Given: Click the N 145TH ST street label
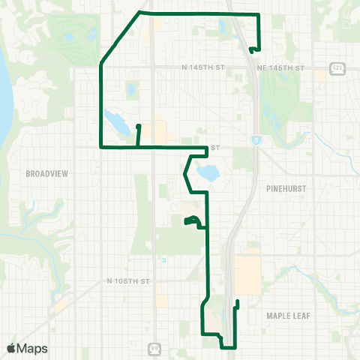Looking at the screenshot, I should (x=202, y=67).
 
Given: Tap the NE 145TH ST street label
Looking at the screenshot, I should (x=280, y=67).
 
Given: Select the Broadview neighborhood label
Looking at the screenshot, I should (x=47, y=173).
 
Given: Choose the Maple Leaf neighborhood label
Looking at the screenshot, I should (x=288, y=316).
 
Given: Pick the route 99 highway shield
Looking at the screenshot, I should (x=154, y=348).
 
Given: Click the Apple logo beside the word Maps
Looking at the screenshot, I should (x=10, y=348).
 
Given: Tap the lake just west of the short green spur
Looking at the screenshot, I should (x=117, y=119).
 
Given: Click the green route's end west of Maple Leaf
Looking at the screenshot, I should (x=237, y=301).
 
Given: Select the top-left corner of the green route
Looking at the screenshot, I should (x=140, y=12).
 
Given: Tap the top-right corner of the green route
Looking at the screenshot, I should (x=258, y=14).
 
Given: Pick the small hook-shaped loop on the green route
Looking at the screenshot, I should (x=192, y=220).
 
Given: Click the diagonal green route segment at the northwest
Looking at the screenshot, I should (x=120, y=37).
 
